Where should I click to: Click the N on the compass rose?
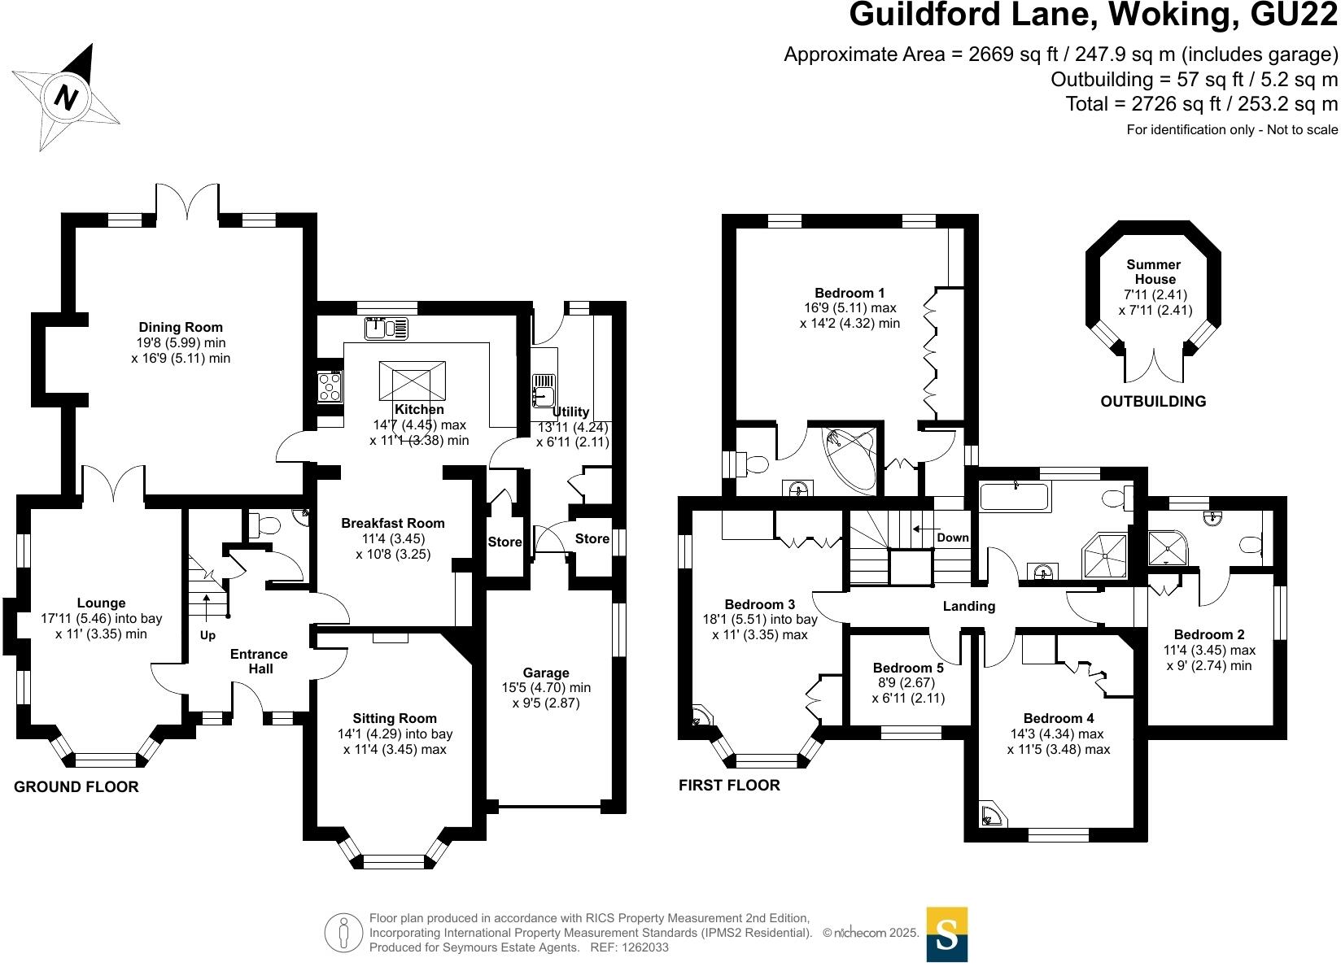tap(67, 98)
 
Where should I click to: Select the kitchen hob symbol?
tap(330, 386)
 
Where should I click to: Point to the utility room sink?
tap(543, 389)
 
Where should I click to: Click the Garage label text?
tap(546, 673)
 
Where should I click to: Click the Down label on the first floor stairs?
tap(952, 538)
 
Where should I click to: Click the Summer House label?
tap(1153, 272)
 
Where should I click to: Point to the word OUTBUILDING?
tap(1153, 401)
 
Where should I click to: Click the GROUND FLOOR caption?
tap(76, 786)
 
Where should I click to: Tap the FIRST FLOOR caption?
tap(729, 785)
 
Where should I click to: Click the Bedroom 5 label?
tap(908, 668)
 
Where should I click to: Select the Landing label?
tap(968, 606)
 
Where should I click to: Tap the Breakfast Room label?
tap(393, 523)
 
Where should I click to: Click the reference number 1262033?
tap(642, 947)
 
